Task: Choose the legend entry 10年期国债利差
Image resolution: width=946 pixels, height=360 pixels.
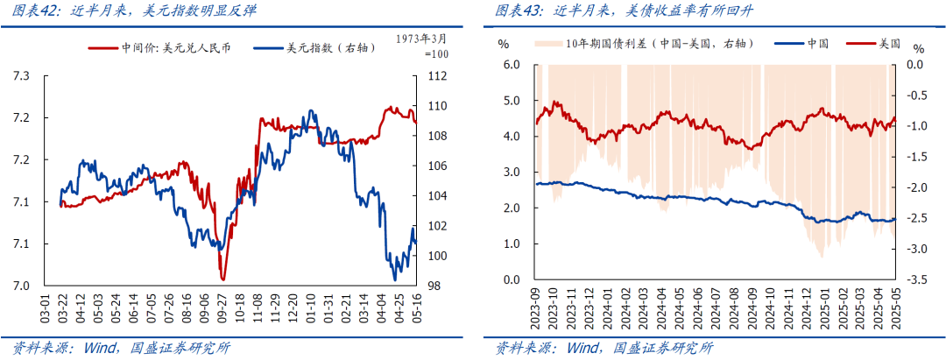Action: pyautogui.click(x=657, y=43)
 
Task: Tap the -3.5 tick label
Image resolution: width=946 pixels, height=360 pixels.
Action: pyautogui.click(x=916, y=280)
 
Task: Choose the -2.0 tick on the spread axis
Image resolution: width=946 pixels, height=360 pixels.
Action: pyautogui.click(x=916, y=188)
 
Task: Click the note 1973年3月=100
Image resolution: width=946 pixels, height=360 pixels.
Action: pyautogui.click(x=422, y=46)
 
